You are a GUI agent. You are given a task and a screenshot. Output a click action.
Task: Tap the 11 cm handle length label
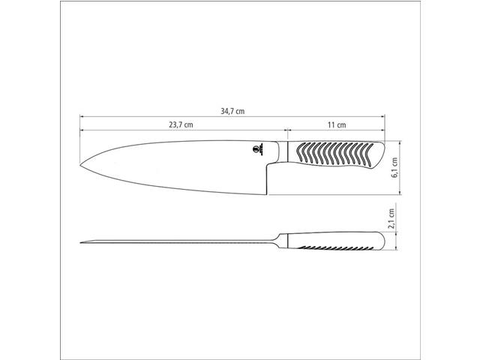tap(335, 124)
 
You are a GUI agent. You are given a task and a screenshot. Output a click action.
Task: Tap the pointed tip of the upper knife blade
tap(81, 166)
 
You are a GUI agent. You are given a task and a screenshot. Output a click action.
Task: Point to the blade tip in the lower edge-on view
tap(82, 241)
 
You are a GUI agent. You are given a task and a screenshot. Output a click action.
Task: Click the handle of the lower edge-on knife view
tap(334, 242)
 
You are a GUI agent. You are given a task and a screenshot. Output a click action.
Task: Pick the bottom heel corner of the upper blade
tap(267, 193)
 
